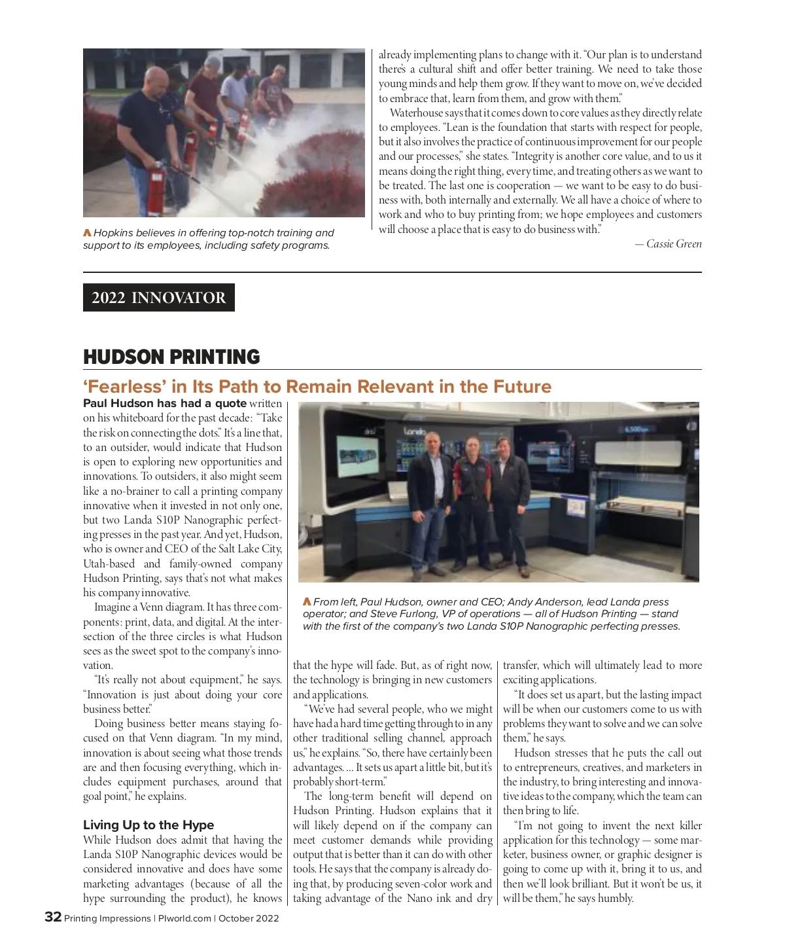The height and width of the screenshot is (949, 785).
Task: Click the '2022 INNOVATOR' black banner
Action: click(x=158, y=297)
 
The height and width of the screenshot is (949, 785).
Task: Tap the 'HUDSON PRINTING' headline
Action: click(x=171, y=357)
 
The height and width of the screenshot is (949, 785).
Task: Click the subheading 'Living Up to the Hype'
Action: click(x=148, y=825)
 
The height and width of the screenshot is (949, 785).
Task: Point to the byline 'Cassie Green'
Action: click(x=674, y=243)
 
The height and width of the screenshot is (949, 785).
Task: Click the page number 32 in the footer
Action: click(x=53, y=917)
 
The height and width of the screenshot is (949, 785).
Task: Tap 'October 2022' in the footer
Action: click(x=249, y=918)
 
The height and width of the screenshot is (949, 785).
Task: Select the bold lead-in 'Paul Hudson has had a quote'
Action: click(x=165, y=403)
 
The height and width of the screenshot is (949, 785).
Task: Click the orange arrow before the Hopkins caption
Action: click(x=87, y=232)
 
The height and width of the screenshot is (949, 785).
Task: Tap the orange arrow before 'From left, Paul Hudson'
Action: click(x=307, y=601)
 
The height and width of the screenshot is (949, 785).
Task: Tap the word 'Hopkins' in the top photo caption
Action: click(x=114, y=232)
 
